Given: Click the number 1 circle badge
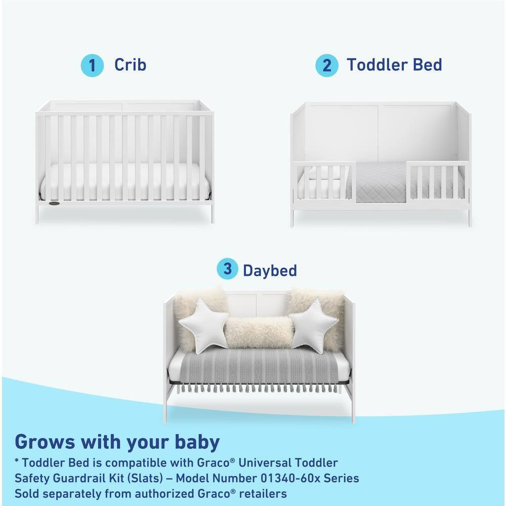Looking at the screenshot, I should click(92, 66).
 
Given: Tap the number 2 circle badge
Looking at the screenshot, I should click(327, 66).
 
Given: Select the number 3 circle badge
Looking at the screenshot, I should click(228, 269).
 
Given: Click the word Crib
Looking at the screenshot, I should click(130, 65).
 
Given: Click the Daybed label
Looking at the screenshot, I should click(270, 270).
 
